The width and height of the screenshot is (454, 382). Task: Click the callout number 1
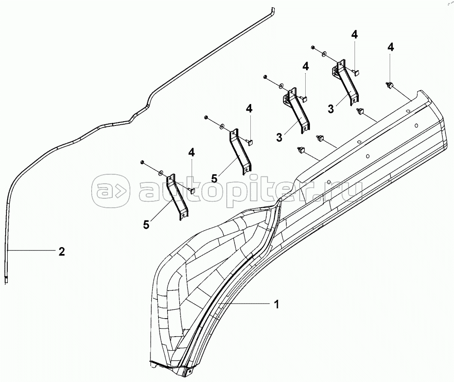click(277, 304)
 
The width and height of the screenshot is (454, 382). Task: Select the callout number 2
click(62, 251)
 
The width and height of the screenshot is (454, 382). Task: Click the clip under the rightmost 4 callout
click(390, 86)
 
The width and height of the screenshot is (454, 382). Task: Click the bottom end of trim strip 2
click(7, 281)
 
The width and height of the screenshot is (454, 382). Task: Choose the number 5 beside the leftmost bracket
click(146, 224)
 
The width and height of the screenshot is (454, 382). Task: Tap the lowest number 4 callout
click(191, 152)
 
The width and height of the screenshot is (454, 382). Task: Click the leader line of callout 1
click(244, 304)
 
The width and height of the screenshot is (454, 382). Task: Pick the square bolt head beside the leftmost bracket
click(192, 190)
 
